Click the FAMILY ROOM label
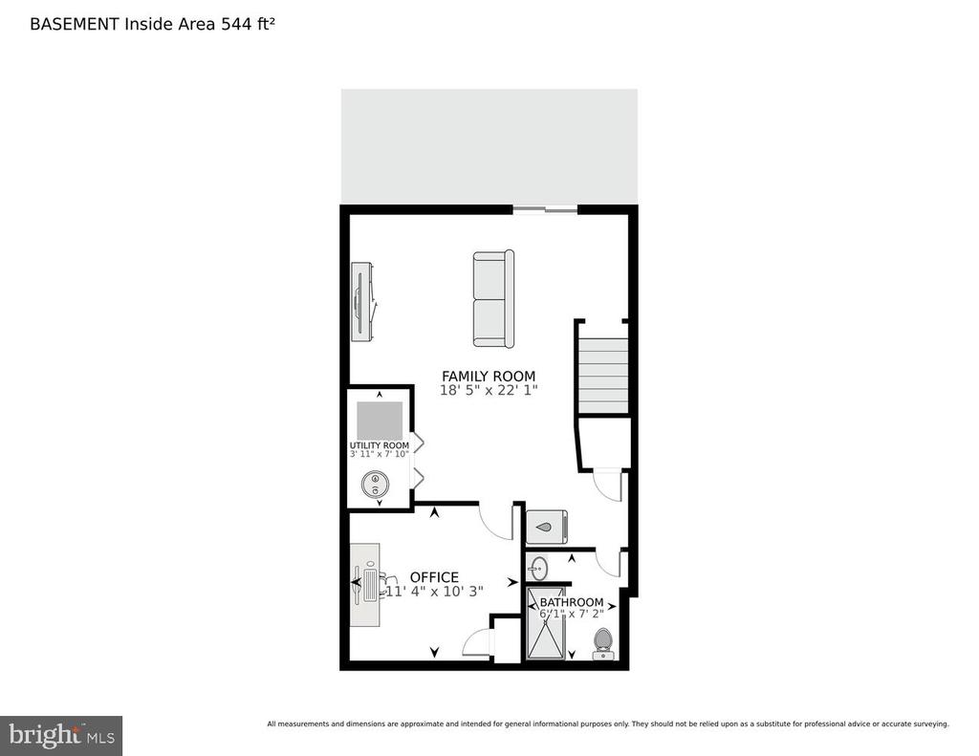pyautogui.click(x=489, y=377)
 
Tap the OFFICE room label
pyautogui.click(x=434, y=577)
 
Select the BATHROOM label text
pyautogui.click(x=572, y=602)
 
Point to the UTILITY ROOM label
pyautogui.click(x=379, y=445)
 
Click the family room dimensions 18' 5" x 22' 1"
pyautogui.click(x=489, y=391)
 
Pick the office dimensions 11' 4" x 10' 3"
pyautogui.click(x=435, y=592)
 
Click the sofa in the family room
pyautogui.click(x=493, y=298)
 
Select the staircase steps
pyautogui.click(x=602, y=376)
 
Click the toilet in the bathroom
pyautogui.click(x=602, y=644)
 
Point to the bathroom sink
pyautogui.click(x=537, y=568)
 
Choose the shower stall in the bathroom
pyautogui.click(x=546, y=624)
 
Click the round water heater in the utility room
pyautogui.click(x=375, y=485)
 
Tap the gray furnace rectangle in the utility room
pyautogui.click(x=380, y=421)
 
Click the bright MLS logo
pyautogui.click(x=61, y=735)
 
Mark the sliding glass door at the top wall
pyautogui.click(x=545, y=209)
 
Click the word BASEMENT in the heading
pyautogui.click(x=75, y=24)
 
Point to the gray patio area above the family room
pyautogui.click(x=489, y=146)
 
